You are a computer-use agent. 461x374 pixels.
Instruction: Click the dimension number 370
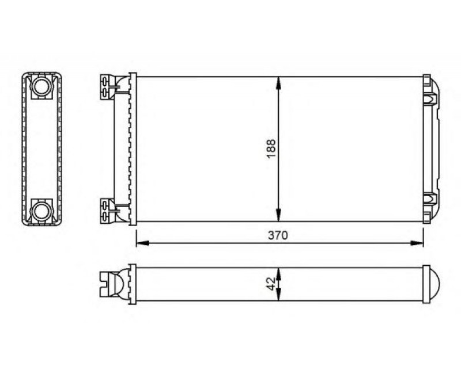point(277,235)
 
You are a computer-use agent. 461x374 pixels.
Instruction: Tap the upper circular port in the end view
point(41,87)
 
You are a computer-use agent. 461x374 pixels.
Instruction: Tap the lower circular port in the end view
point(41,210)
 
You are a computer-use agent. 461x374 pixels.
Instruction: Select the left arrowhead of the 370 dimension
point(140,243)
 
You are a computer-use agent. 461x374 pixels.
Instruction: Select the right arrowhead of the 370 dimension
point(419,243)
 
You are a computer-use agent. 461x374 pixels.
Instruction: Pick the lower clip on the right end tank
point(430,200)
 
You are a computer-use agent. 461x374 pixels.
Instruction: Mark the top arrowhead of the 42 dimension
point(279,272)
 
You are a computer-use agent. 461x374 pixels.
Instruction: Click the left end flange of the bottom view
point(133,284)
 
